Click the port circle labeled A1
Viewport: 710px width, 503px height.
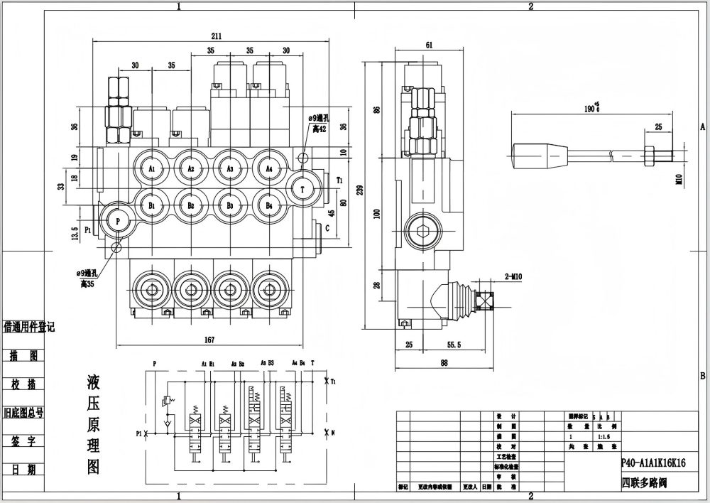pos(152,168)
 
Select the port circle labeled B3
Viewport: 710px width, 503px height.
pos(230,205)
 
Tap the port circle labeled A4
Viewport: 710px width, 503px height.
pos(269,168)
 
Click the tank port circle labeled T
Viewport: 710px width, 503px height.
pos(303,190)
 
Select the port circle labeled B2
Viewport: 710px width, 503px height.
pos(191,205)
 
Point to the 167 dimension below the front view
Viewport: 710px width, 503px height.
pos(210,339)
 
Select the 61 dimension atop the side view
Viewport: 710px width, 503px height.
pos(430,46)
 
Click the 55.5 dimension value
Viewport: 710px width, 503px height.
pos(454,345)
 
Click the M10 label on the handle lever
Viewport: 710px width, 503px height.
pos(678,180)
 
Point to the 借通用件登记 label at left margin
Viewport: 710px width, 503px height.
pos(29,327)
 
